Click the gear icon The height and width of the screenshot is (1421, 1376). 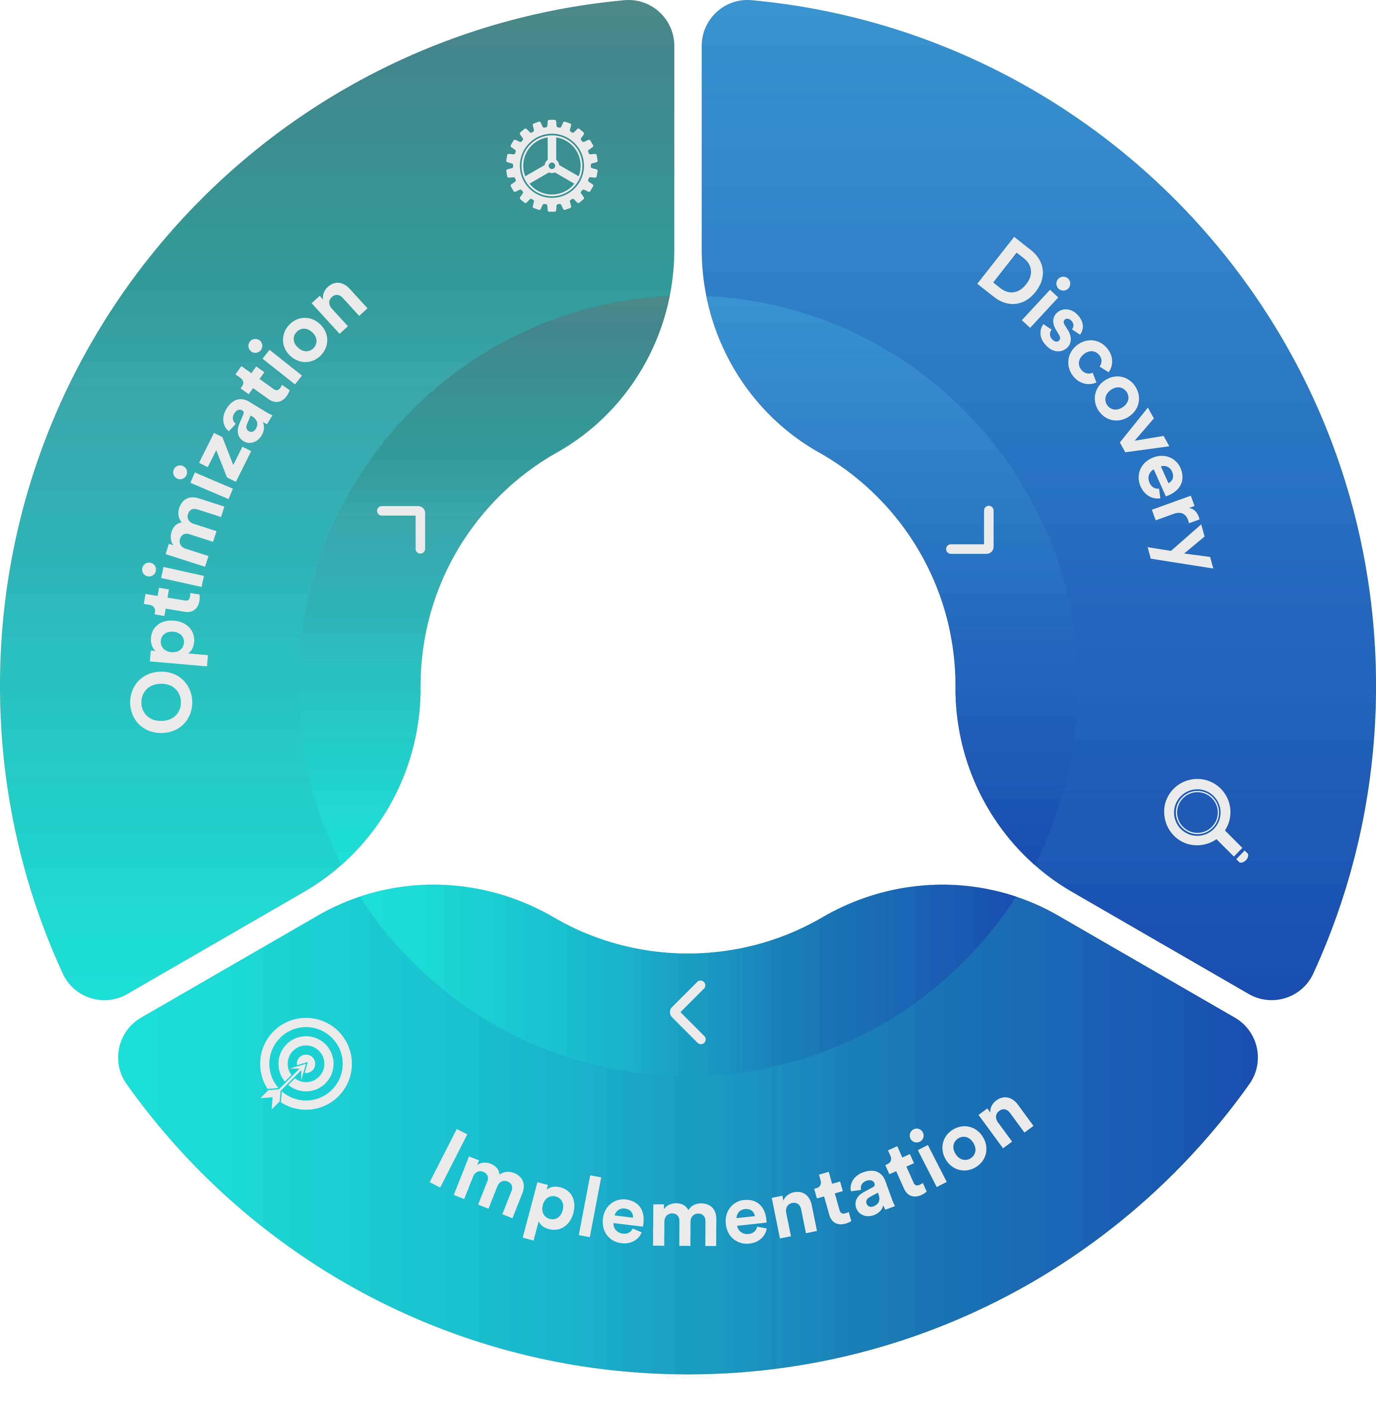(551, 165)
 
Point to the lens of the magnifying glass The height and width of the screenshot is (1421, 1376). (1195, 812)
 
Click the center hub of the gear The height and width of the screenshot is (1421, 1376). (551, 165)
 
